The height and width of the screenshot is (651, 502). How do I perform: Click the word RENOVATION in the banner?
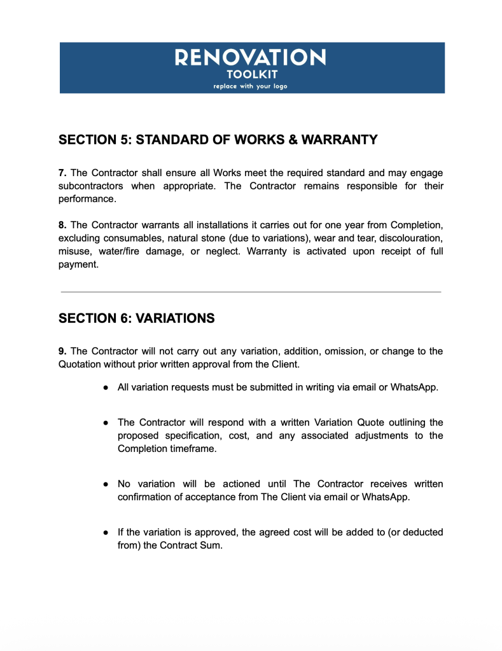(x=250, y=58)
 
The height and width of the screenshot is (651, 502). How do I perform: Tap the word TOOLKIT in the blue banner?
(x=250, y=74)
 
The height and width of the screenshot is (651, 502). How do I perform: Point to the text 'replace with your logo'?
(x=250, y=86)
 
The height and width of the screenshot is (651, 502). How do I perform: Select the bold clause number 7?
(x=62, y=173)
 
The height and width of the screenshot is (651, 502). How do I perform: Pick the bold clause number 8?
(x=62, y=226)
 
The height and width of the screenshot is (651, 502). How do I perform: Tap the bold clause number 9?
(x=62, y=352)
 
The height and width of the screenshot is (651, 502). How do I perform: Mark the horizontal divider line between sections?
(x=250, y=292)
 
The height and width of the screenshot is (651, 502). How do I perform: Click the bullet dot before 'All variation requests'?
(x=106, y=388)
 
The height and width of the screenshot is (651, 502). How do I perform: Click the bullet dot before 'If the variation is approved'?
(x=106, y=532)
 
